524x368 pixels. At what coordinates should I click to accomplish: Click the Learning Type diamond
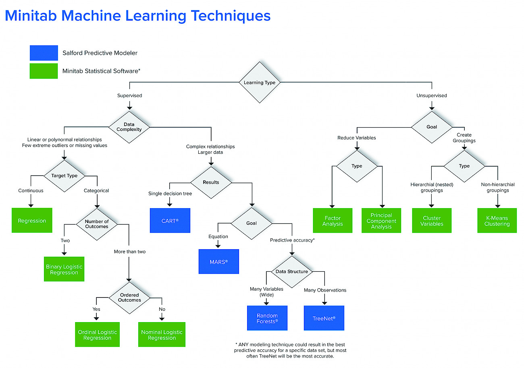coord(260,82)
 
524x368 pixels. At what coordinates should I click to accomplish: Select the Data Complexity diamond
coord(129,127)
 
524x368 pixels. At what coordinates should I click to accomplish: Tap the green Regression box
coord(32,220)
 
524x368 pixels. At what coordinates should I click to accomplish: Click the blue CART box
coord(170,221)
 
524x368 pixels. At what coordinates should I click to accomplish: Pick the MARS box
coord(219,261)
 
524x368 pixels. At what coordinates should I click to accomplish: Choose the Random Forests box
coord(267,318)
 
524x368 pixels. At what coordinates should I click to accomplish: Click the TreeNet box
coord(324,318)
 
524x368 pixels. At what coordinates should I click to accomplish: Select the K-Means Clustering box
coord(497,221)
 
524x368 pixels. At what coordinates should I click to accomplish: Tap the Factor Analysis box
coord(333,221)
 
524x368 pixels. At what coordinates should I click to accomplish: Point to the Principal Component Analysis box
coord(381,221)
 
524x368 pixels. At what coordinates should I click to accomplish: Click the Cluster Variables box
coord(432,221)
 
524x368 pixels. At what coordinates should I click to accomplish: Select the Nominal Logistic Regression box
coord(162,335)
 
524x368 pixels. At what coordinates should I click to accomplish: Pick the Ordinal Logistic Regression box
coord(97,335)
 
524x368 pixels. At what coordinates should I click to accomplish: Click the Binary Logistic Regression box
coord(64,269)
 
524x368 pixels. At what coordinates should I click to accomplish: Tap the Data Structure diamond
coord(292,272)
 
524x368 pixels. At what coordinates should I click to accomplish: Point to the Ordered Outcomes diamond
coord(129,298)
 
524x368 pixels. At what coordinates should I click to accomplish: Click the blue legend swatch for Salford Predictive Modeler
coord(44,53)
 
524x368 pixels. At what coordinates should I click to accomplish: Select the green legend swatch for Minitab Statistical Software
coord(44,71)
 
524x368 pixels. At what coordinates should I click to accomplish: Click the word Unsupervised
coord(432,95)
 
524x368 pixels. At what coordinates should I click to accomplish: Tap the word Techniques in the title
coord(231,16)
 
